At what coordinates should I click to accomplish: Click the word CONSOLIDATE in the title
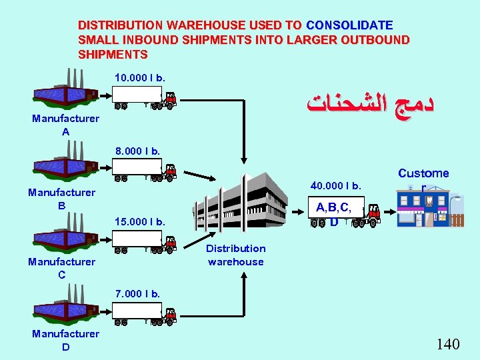349,25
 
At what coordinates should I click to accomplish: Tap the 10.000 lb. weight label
140,78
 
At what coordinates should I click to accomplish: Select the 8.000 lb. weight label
137,151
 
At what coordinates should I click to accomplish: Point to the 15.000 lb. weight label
140,221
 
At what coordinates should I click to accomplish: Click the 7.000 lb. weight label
137,294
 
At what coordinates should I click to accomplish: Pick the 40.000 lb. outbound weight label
337,185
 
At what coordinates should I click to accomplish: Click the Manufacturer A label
65,125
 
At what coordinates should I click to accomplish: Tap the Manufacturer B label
61,199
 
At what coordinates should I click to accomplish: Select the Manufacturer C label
61,268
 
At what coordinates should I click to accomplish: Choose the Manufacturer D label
65,340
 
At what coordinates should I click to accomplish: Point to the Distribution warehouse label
235,255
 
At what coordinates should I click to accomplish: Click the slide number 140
448,344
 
